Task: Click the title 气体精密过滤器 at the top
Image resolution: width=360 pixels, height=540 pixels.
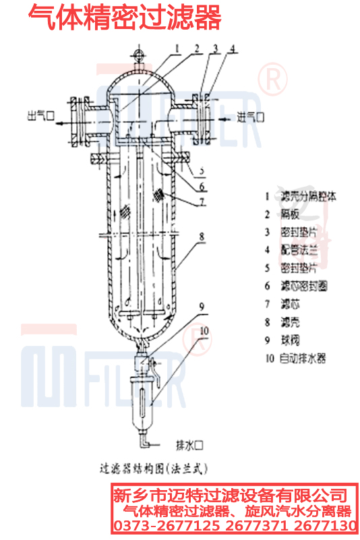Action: tap(125, 19)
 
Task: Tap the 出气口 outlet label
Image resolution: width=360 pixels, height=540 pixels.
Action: tap(39, 114)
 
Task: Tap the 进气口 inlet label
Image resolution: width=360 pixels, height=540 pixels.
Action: tap(250, 117)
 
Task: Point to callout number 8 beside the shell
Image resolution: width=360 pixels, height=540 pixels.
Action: tap(201, 237)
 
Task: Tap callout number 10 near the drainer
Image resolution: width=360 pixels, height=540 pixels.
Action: tap(205, 330)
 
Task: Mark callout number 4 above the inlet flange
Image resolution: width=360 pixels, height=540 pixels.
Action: tap(233, 49)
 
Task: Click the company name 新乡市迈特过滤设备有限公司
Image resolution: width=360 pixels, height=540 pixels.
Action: tap(229, 495)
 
